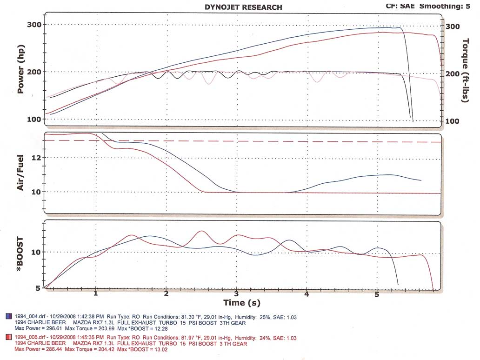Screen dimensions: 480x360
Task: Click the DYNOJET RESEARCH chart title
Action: click(243, 7)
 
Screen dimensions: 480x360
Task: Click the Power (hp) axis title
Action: click(20, 69)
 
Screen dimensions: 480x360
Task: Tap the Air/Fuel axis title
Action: click(20, 173)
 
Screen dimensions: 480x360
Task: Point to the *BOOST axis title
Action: click(20, 254)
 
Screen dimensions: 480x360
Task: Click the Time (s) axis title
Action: click(242, 303)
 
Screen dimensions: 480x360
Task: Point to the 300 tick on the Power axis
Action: click(34, 25)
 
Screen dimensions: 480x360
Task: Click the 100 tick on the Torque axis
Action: click(452, 121)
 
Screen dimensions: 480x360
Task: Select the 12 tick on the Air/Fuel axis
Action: click(36, 158)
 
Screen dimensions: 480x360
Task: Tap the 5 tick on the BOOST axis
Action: click(38, 288)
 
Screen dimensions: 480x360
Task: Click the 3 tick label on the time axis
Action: click(236, 294)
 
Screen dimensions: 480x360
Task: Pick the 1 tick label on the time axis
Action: click(96, 294)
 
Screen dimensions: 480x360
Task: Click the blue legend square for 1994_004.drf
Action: click(9, 316)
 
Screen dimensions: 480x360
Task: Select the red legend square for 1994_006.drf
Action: click(9, 337)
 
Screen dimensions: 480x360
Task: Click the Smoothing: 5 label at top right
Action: click(445, 6)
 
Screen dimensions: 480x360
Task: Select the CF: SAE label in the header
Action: click(400, 6)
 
